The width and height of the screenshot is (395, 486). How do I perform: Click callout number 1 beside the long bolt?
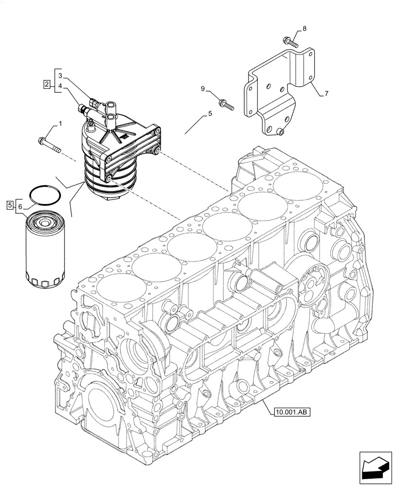click(60, 124)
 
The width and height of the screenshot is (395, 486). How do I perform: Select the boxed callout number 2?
click(46, 85)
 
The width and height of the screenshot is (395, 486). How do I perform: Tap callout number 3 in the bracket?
click(60, 76)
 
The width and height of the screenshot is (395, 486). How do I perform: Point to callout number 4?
click(60, 87)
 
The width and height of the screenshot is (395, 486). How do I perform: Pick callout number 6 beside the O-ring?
click(20, 207)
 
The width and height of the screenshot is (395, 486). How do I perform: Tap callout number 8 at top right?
click(304, 29)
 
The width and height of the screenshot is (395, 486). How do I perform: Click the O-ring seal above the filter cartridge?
click(45, 194)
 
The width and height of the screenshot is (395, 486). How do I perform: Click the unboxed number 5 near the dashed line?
click(210, 114)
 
